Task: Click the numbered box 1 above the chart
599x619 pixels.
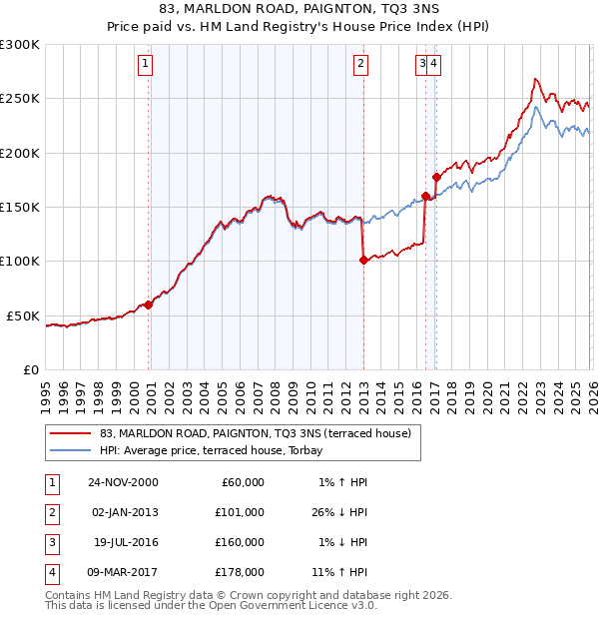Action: pos(146,64)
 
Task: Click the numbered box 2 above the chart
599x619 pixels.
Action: pos(360,64)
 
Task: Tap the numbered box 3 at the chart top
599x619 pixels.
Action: pos(423,64)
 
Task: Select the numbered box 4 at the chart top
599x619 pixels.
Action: pos(435,64)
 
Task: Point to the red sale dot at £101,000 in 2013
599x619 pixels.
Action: pos(362,261)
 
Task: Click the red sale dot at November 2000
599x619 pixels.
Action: pos(149,305)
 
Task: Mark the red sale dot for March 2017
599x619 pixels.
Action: pos(436,177)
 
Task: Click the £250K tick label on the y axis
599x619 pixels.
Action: pos(20,99)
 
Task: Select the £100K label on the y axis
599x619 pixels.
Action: pos(20,262)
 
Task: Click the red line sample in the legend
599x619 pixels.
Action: pos(72,433)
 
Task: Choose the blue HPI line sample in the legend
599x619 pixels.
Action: pos(72,450)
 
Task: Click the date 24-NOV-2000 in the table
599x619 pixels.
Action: pos(123,482)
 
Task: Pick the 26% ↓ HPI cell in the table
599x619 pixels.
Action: pos(336,513)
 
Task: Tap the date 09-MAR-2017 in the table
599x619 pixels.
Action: pos(123,574)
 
